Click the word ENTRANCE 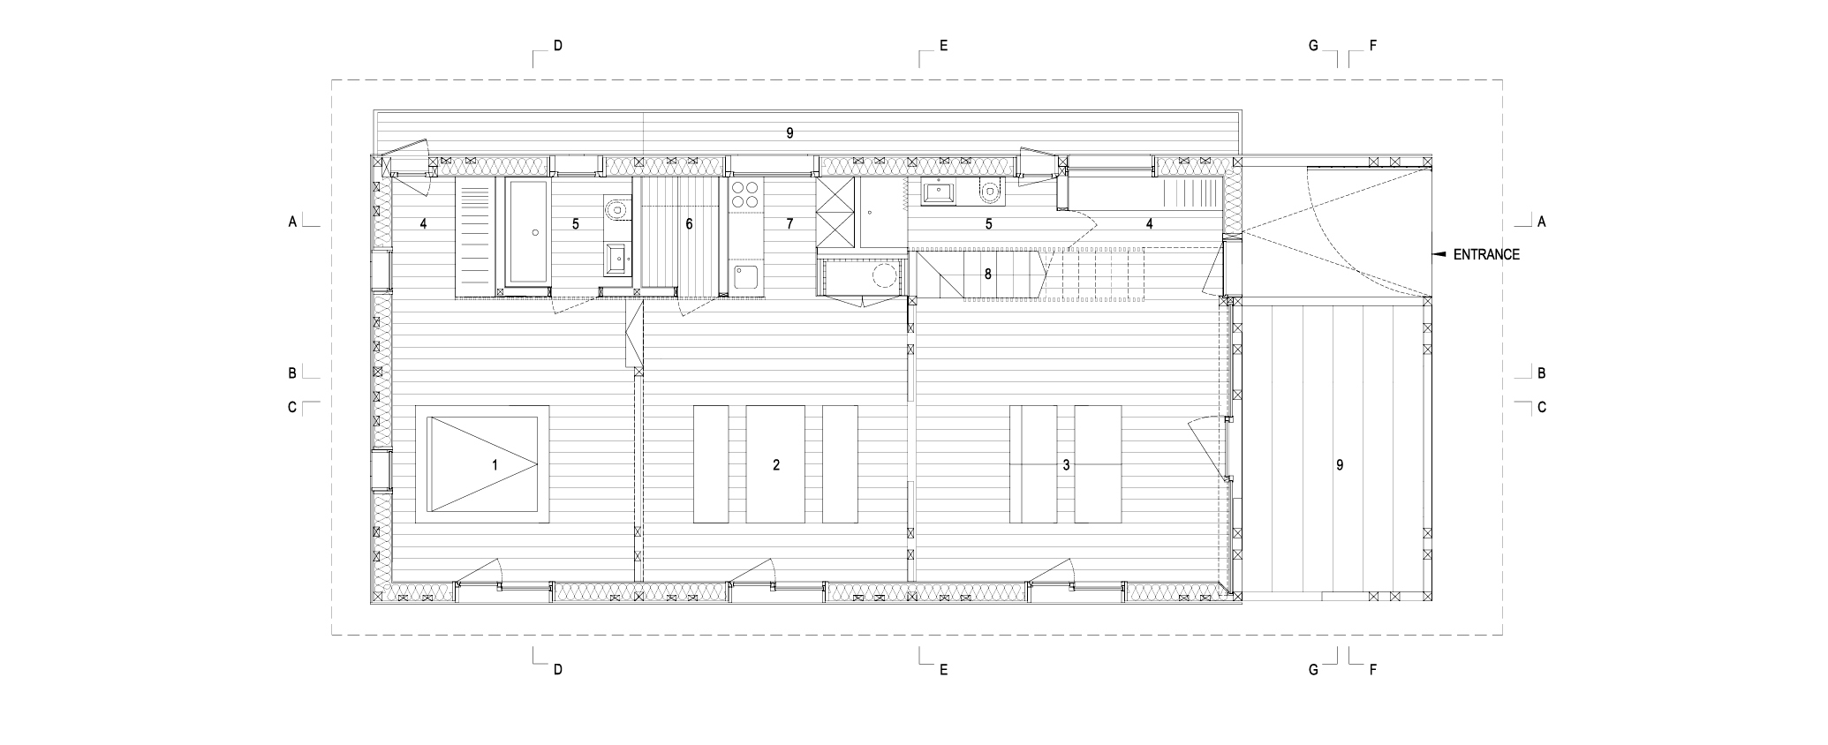(x=1486, y=254)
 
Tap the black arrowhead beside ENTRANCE (x=1438, y=254)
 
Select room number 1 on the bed (x=495, y=464)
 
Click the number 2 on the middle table (x=776, y=464)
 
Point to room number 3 (x=1066, y=464)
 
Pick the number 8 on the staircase (x=987, y=275)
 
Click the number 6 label (x=689, y=224)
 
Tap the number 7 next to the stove (x=789, y=224)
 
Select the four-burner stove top (x=746, y=194)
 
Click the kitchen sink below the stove (x=746, y=278)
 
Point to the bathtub (x=527, y=231)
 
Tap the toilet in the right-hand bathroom (x=990, y=189)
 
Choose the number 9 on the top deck (x=789, y=133)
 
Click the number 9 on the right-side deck (x=1340, y=464)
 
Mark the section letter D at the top (x=557, y=46)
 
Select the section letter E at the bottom (x=943, y=669)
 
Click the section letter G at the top (x=1313, y=46)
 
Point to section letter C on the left (x=291, y=408)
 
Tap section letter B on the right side (x=1541, y=373)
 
